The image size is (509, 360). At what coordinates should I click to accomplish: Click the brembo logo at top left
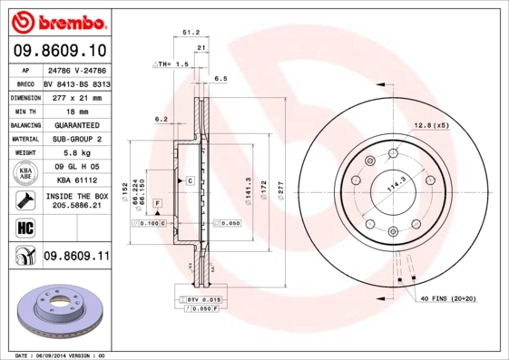coord(60,19)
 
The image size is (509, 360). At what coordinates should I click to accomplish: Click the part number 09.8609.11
coord(76,258)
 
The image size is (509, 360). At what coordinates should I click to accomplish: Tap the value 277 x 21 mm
coord(76,96)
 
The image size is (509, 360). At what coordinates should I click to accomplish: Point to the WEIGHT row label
coord(24,153)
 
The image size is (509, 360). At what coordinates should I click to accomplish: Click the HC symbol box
coord(24,226)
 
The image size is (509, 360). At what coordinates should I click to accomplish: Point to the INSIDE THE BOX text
coord(76,196)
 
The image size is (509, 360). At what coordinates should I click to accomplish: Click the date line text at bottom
coord(60,355)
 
